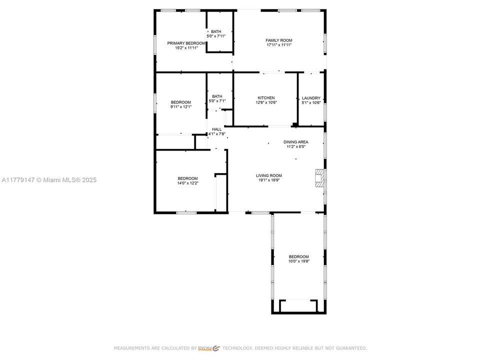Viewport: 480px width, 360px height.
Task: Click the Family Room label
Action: [x=279, y=40]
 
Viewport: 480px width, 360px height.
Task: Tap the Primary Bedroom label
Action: [x=186, y=43]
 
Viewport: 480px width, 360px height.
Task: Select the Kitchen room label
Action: [x=266, y=98]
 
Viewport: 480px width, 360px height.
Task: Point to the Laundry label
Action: [x=311, y=98]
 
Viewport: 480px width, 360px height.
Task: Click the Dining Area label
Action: [x=296, y=142]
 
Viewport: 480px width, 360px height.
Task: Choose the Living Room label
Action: [x=269, y=175]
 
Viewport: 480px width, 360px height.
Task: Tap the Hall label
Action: [x=216, y=129]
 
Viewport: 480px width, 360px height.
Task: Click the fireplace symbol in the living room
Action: [x=319, y=177]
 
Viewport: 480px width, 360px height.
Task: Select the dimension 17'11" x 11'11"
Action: [x=279, y=45]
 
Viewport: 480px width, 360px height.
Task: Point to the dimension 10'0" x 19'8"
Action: [x=298, y=261]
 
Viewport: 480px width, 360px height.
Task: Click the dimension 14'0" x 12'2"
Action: [x=187, y=183]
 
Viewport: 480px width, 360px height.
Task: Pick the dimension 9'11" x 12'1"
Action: [x=180, y=106]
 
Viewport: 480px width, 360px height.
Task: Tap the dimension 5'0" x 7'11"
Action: [x=216, y=36]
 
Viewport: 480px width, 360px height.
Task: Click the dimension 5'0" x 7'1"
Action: [x=217, y=101]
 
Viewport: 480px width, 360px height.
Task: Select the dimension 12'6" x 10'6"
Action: [x=266, y=102]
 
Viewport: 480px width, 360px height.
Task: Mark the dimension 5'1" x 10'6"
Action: [x=311, y=102]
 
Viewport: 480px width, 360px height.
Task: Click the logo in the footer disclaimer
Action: [x=209, y=348]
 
